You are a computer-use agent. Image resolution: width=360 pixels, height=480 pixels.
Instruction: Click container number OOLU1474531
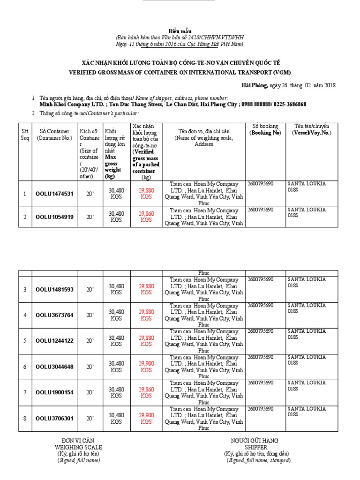54,194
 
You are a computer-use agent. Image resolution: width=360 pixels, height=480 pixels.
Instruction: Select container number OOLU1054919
54,217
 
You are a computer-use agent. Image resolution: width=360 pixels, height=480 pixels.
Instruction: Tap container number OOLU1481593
54,289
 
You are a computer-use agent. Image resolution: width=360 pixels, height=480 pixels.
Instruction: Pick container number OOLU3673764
54,315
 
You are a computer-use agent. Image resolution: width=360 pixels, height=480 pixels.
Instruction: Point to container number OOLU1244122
54,341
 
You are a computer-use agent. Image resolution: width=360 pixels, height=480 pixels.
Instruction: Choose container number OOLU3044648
54,367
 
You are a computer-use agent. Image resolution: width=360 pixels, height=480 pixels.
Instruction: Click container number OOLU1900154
54,392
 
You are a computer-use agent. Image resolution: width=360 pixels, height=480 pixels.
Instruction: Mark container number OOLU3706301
54,418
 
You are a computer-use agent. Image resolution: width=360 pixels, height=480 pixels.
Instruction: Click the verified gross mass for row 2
146,216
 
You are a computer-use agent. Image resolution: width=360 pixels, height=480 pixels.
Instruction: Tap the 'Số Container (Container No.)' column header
54,135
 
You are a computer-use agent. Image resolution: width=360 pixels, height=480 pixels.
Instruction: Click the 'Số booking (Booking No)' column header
265,129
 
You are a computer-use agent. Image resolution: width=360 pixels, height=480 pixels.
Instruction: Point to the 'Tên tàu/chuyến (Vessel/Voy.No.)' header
312,129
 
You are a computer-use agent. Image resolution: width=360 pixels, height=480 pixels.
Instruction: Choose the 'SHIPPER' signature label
255,447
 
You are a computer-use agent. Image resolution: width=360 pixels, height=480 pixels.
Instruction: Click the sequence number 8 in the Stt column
25,418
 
